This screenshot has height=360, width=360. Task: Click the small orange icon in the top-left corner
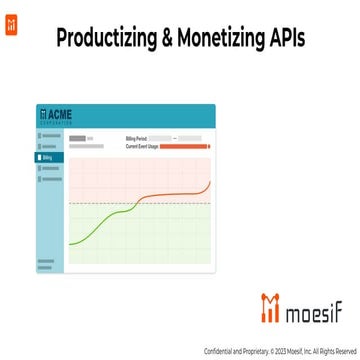pyautogui.click(x=10, y=10)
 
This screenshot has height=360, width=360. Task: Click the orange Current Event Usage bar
pyautogui.click(x=184, y=146)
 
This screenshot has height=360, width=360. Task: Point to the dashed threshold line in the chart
pyautogui.click(x=140, y=203)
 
